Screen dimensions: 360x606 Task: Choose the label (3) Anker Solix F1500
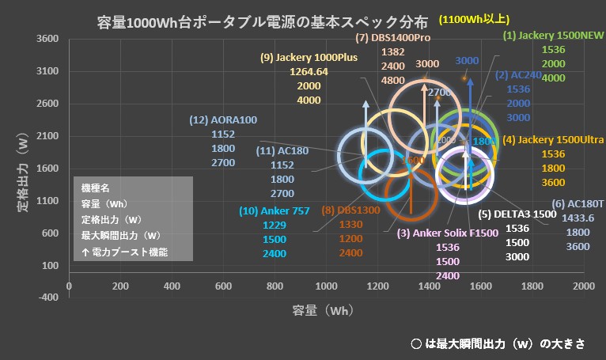click(x=448, y=233)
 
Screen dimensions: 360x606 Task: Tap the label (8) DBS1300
click(x=350, y=210)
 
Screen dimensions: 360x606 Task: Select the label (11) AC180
click(x=282, y=150)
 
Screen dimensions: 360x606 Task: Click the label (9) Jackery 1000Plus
click(x=309, y=57)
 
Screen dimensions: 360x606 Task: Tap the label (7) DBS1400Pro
click(x=393, y=37)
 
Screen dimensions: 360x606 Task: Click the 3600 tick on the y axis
click(x=48, y=38)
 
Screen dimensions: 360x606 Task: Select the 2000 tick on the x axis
click(x=583, y=285)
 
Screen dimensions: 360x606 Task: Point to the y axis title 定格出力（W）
click(x=23, y=170)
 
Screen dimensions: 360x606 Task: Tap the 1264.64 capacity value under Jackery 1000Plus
click(x=305, y=72)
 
